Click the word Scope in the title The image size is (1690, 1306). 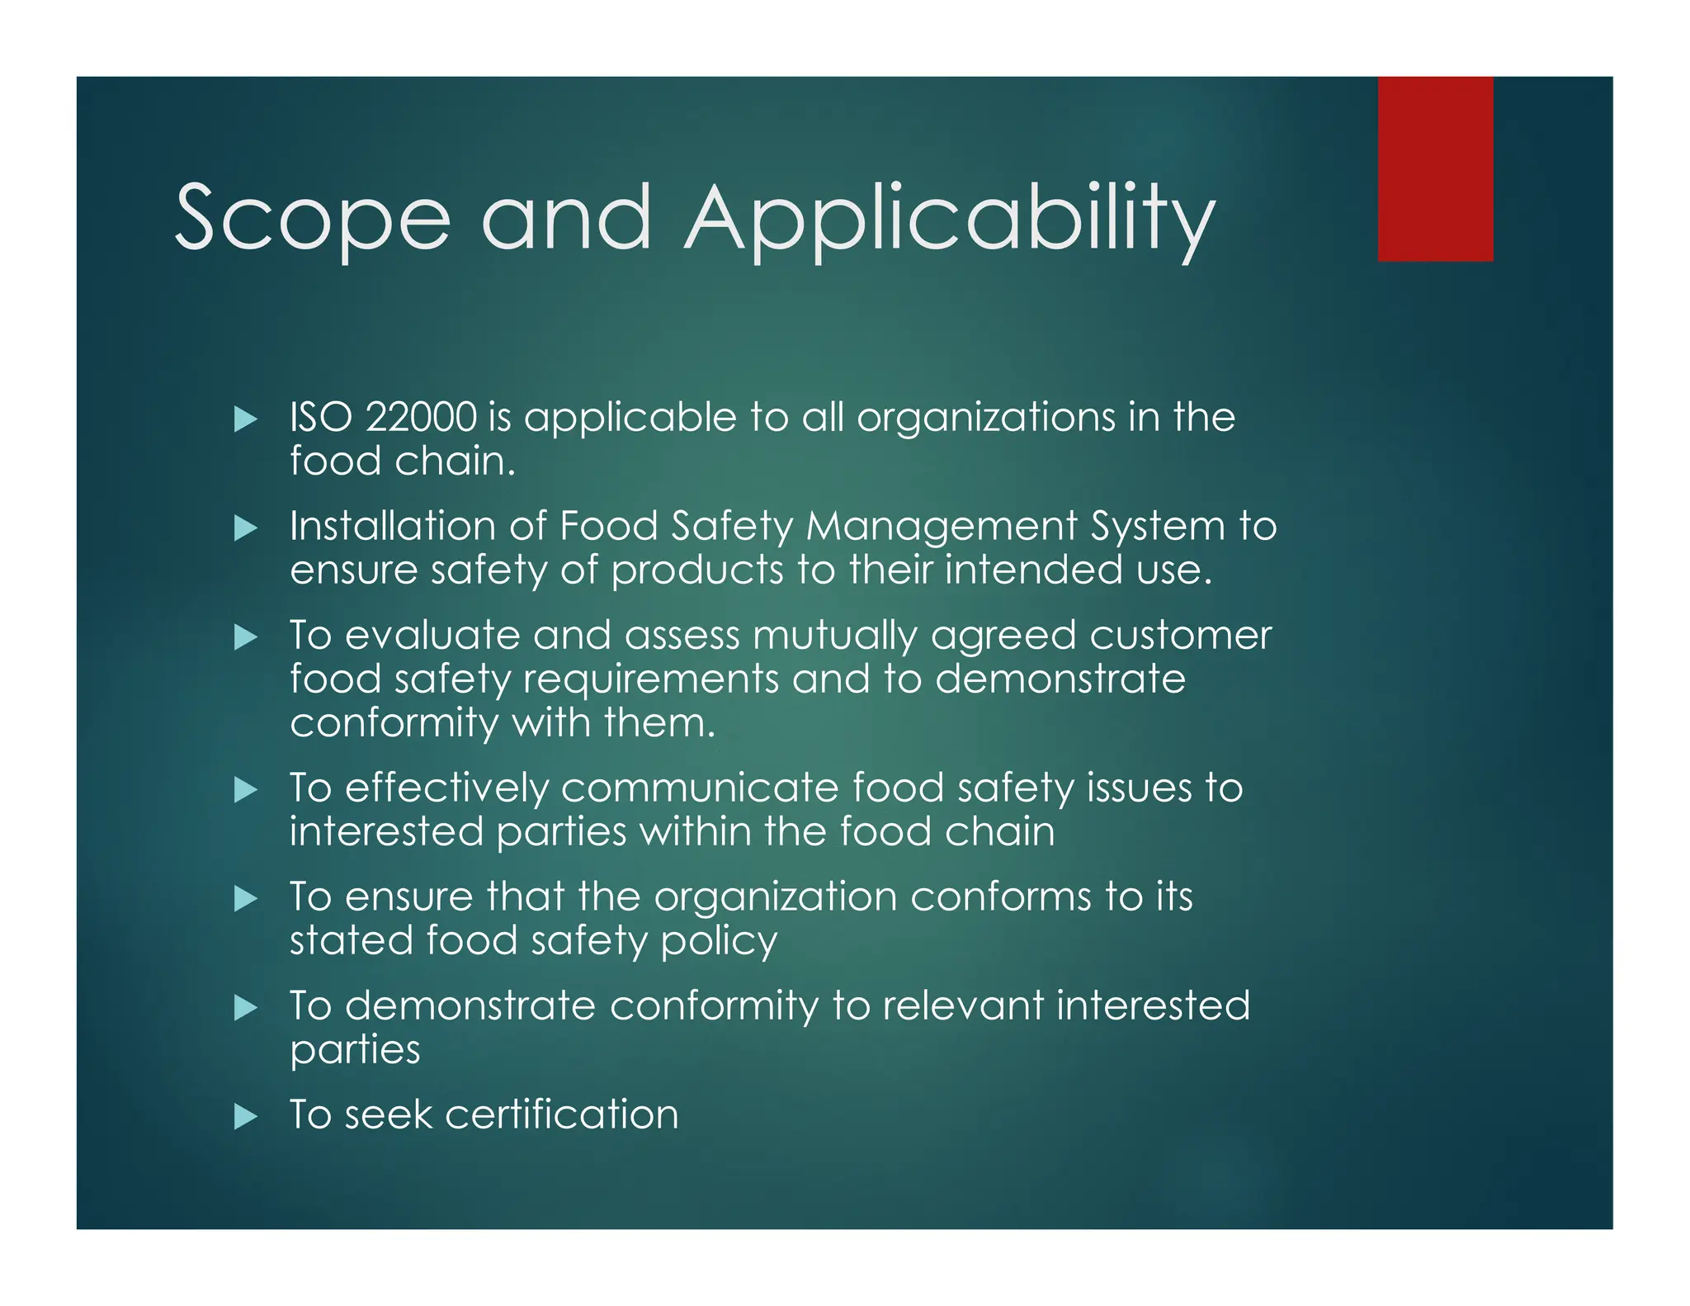(313, 218)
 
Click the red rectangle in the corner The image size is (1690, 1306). (1435, 169)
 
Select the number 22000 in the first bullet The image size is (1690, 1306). (421, 417)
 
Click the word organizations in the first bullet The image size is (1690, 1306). (985, 419)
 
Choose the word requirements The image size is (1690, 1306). (651, 680)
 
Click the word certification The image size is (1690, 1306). (561, 1115)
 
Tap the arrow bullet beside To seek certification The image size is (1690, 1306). (246, 1117)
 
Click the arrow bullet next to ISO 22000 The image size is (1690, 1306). (246, 419)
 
